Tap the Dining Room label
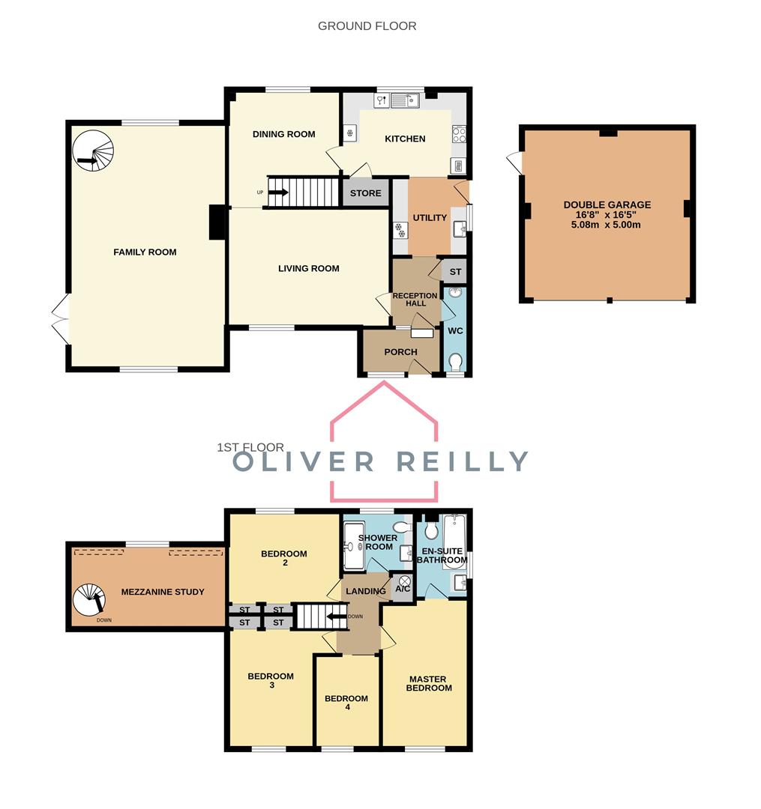point(283,135)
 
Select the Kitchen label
point(405,139)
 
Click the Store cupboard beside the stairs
point(366,193)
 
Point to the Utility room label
point(430,218)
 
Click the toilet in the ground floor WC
point(455,363)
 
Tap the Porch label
point(400,352)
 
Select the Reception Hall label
point(415,300)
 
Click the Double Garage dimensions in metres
point(607,225)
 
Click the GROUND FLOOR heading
point(367,26)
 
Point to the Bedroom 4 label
point(346,703)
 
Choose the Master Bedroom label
point(430,683)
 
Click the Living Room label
point(308,268)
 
